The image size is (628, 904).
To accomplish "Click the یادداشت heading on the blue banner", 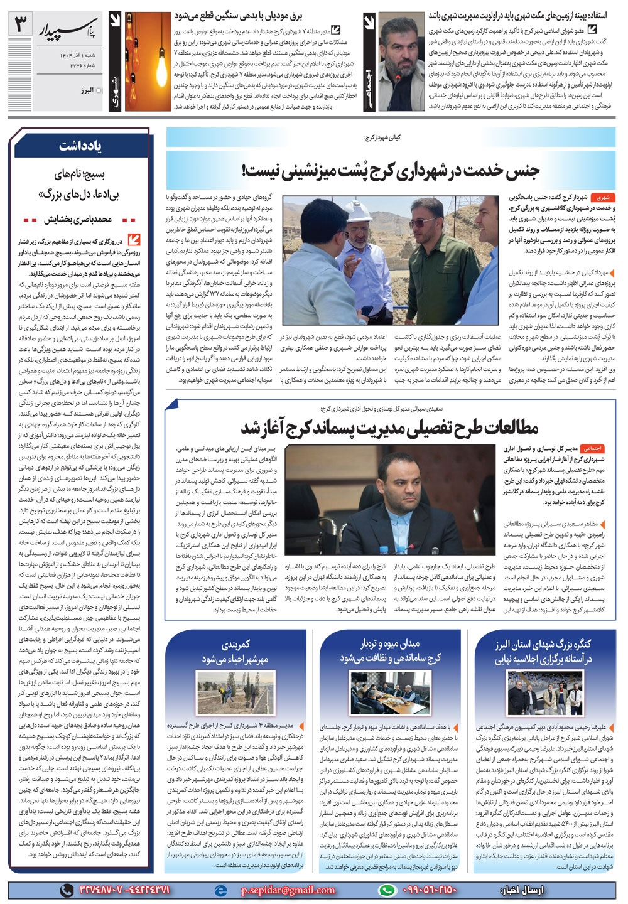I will (x=82, y=146).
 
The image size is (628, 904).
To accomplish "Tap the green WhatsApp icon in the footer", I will (x=388, y=890).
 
